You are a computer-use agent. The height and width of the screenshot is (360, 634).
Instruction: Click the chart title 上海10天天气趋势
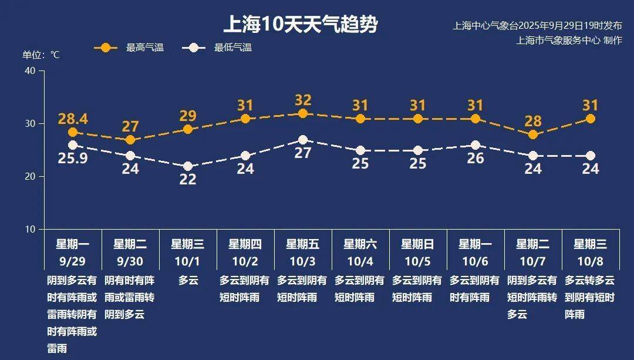pos(301,25)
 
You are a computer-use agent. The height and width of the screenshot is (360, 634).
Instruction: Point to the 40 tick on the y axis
pos(30,70)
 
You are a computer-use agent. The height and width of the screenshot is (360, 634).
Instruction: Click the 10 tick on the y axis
pos(30,229)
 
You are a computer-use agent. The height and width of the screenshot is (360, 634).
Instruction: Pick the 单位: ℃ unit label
pos(41,55)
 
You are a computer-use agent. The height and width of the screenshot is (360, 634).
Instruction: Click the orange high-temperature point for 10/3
pos(303,113)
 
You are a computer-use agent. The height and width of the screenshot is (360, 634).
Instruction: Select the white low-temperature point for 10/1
pos(188,166)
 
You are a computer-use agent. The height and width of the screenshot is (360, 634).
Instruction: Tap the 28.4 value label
pos(73,119)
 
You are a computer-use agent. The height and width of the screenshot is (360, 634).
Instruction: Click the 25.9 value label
pos(73,158)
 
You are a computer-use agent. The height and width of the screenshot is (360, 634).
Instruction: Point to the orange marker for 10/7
pos(533,134)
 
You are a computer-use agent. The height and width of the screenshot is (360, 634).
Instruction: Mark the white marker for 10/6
pos(475,145)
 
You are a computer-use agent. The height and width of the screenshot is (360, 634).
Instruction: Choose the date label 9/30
pos(130,260)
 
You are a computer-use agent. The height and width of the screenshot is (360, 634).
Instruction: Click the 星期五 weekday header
pos(303,244)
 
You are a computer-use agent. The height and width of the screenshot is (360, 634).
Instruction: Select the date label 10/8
pos(591,260)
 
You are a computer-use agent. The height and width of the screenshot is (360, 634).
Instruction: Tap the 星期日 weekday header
pos(418,244)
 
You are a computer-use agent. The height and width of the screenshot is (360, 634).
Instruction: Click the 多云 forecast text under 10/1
pos(188,281)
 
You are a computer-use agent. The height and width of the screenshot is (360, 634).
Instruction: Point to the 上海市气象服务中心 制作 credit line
pos(569,41)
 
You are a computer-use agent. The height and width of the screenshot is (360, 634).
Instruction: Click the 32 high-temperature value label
pos(303,100)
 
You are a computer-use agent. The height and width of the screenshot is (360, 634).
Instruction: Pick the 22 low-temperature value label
pos(188,180)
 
